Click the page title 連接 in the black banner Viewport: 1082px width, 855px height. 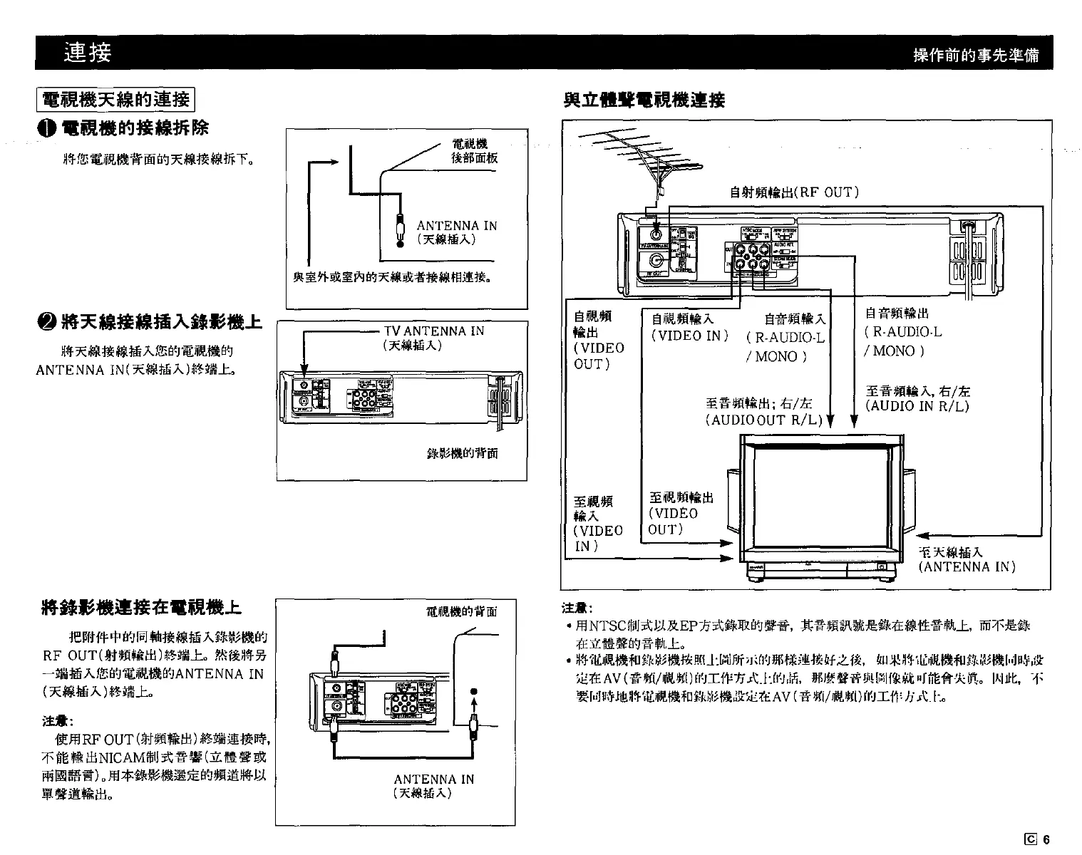[x=87, y=52]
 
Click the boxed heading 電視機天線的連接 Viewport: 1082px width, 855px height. [x=116, y=99]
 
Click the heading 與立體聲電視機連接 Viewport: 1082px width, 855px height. [x=644, y=100]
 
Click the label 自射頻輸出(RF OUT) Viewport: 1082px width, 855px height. [x=794, y=192]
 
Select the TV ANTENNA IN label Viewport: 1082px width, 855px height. [x=433, y=331]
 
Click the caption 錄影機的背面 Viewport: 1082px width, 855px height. [x=462, y=453]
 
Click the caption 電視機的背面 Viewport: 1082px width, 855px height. [x=460, y=611]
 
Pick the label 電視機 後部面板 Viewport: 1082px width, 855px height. [x=475, y=152]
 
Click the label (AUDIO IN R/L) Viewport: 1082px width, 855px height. [x=917, y=406]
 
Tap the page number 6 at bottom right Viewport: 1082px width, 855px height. [x=1046, y=839]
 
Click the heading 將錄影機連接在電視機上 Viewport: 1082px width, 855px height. [x=142, y=608]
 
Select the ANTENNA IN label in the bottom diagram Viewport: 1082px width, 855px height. [x=433, y=779]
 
